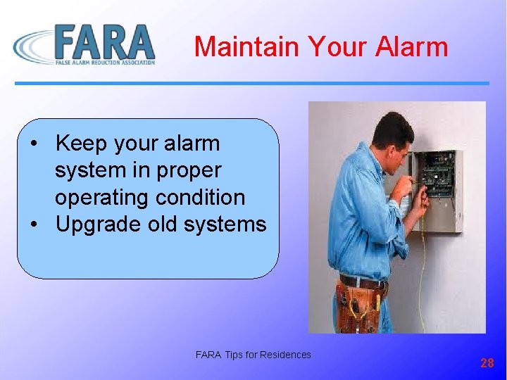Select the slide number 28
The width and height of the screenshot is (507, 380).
(487, 363)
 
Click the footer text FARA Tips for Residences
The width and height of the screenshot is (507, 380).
(253, 355)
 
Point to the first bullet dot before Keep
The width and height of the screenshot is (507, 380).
(35, 144)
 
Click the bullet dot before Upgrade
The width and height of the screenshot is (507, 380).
(35, 225)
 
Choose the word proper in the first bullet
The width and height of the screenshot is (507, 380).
(190, 170)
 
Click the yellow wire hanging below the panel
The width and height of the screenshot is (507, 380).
(422, 281)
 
